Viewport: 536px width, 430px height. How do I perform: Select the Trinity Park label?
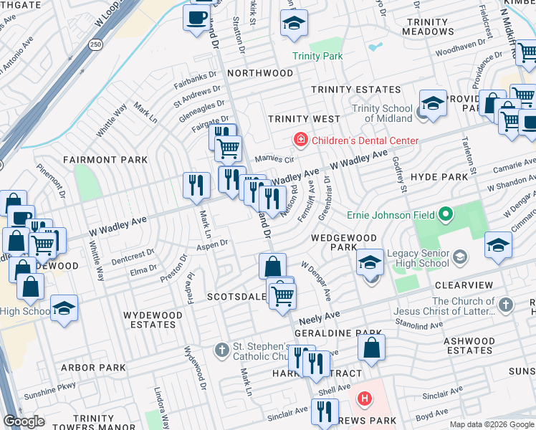coord(317,56)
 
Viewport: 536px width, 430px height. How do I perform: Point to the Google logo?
coord(24,421)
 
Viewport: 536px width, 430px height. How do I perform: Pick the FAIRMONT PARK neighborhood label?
coord(105,160)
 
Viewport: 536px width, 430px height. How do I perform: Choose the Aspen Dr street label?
coord(213,244)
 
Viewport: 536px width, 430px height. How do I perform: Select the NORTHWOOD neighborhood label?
coord(260,73)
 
